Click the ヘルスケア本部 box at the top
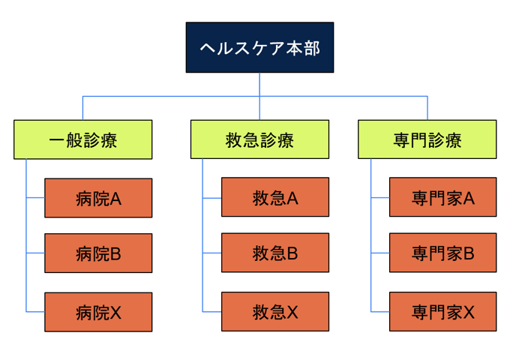click(259, 47)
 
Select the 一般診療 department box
click(83, 139)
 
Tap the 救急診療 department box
click(259, 139)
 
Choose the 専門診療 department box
click(427, 139)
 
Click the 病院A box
click(98, 198)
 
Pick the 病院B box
click(98, 253)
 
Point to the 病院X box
click(98, 312)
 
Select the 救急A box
click(275, 197)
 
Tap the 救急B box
click(275, 253)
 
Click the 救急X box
click(275, 312)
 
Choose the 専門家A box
click(443, 197)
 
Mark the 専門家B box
click(443, 253)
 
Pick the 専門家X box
click(443, 312)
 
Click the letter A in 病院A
click(115, 199)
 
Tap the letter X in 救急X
click(292, 312)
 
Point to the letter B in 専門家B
click(469, 253)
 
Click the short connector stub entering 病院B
click(35, 253)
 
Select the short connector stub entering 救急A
click(212, 198)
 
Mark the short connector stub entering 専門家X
click(380, 312)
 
